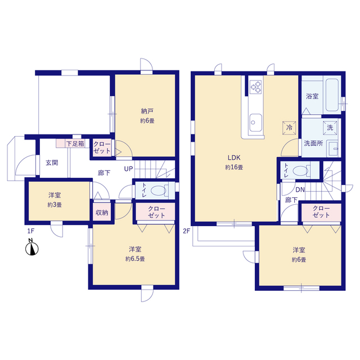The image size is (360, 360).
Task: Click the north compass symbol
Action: [32, 247]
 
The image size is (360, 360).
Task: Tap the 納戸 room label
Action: [147, 111]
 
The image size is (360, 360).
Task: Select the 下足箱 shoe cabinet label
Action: [75, 144]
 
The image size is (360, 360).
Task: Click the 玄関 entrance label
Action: [52, 163]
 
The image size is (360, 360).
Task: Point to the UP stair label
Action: [129, 169]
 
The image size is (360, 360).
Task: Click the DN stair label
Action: [300, 190]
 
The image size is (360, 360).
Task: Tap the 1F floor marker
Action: [31, 231]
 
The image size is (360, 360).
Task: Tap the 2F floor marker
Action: [186, 231]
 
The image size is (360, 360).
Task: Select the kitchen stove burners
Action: [256, 87]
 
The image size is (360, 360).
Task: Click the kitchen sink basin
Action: [256, 123]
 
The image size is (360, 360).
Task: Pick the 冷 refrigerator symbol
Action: [289, 128]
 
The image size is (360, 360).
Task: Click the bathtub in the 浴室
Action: [332, 95]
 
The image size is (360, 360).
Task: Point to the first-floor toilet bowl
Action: [159, 191]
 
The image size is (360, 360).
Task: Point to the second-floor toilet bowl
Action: [301, 170]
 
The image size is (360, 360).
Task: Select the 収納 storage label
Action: [102, 213]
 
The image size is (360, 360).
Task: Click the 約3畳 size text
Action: [55, 205]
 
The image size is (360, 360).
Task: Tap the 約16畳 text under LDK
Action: [234, 168]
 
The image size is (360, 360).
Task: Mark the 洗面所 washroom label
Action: [313, 143]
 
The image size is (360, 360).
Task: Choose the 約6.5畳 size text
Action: [135, 259]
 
